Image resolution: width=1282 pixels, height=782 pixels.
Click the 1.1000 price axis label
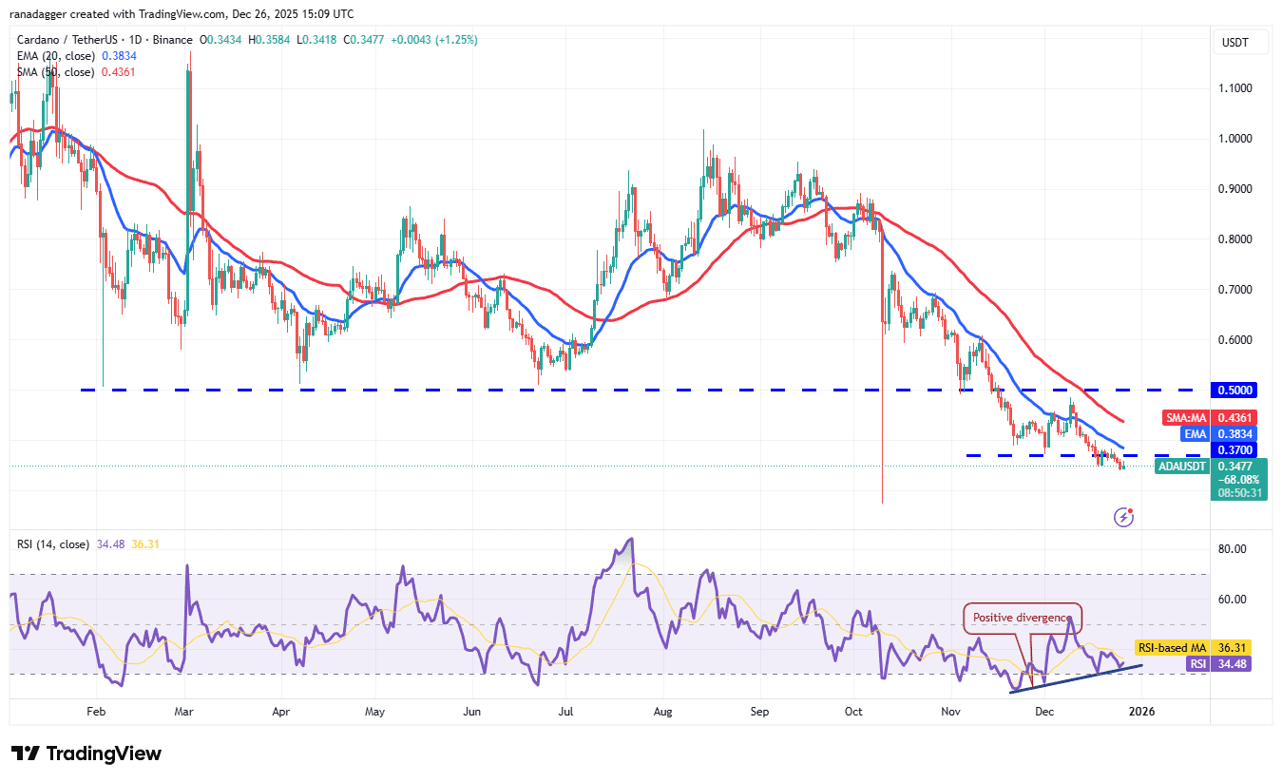1235,88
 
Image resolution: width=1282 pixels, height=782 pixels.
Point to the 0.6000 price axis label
1235,340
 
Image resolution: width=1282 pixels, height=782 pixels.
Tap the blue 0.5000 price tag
1234,390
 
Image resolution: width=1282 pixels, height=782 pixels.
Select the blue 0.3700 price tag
1234,449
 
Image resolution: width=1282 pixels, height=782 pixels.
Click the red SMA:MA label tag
1186,418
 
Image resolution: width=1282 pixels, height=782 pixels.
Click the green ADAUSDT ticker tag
1182,467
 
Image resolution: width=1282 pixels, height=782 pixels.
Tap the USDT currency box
1235,43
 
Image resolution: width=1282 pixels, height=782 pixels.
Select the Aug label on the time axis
663,711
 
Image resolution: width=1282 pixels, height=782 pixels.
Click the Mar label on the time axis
185,711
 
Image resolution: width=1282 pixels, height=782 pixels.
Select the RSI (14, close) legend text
53,544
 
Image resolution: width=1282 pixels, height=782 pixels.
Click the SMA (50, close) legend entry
56,71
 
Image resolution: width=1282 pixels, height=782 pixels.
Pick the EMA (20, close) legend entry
56,56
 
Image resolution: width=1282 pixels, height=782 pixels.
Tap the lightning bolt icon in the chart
1123,517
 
